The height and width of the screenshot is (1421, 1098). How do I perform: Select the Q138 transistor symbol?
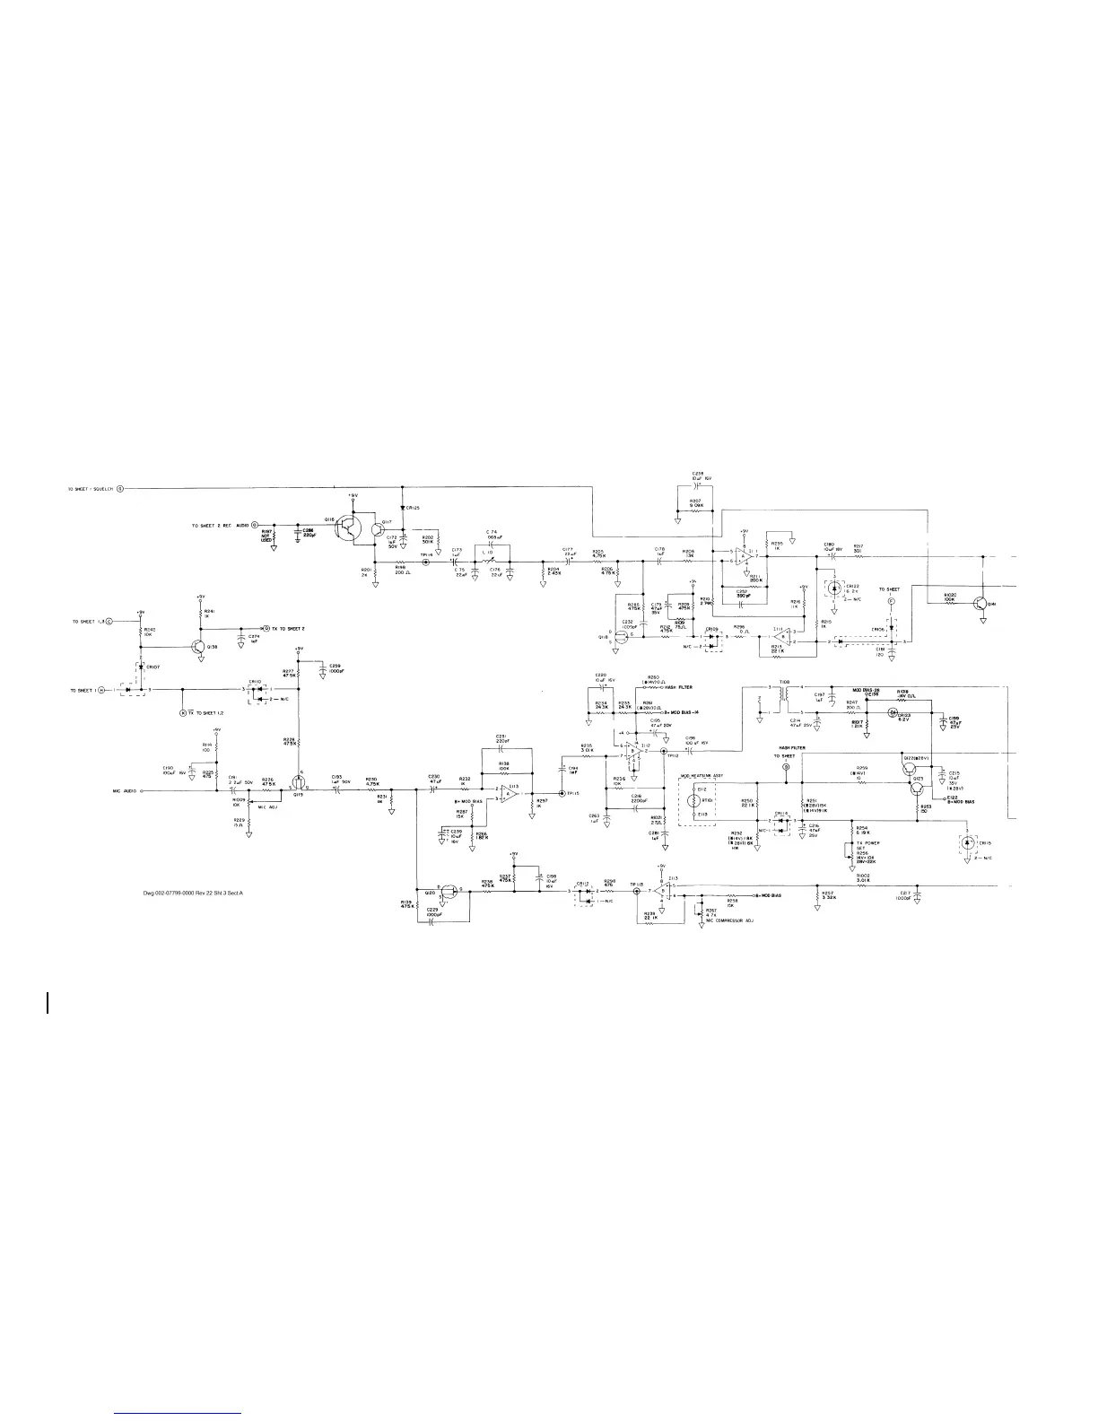198,646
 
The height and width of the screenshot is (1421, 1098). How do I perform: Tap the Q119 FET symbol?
298,782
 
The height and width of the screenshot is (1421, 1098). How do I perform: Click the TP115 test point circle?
562,793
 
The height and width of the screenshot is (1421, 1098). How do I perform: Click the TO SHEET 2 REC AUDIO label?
221,524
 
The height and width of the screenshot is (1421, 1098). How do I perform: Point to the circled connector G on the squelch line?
120,489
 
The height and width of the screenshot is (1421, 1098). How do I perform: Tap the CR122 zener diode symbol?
834,588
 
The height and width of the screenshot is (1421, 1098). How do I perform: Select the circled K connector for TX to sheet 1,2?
183,711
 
